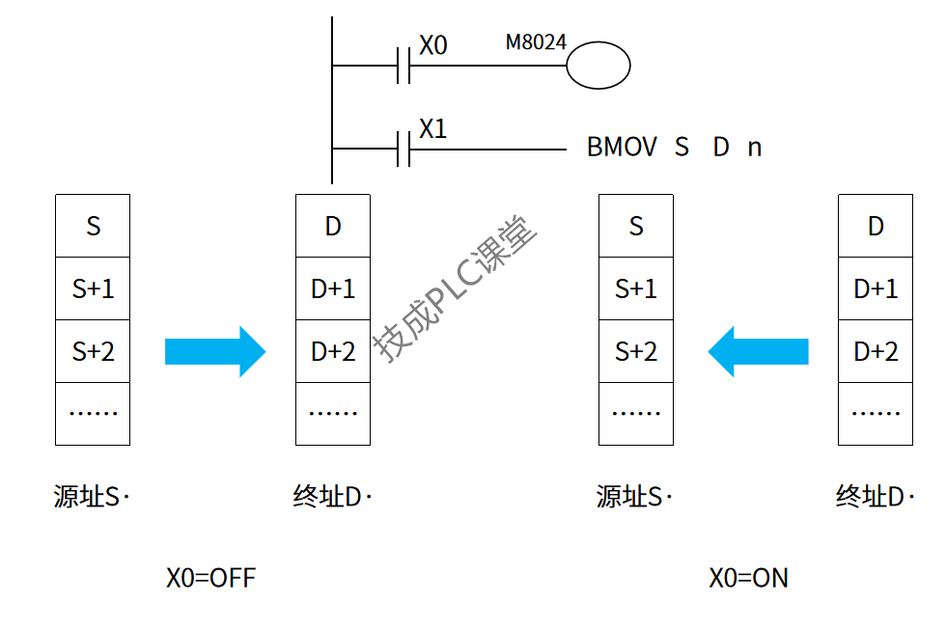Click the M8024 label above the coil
(536, 42)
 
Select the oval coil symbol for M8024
(598, 67)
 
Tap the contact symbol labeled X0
(405, 67)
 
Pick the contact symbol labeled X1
(405, 150)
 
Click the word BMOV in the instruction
(622, 148)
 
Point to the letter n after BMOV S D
(755, 148)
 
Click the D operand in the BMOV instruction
(721, 148)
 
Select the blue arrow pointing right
(214, 351)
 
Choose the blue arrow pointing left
(758, 351)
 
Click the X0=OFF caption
(211, 578)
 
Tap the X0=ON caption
(748, 578)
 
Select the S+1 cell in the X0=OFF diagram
(93, 288)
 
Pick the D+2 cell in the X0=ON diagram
(876, 351)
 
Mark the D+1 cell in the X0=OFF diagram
(333, 288)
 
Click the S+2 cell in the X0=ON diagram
(636, 351)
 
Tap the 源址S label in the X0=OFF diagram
(90, 497)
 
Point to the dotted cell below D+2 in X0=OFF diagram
(333, 413)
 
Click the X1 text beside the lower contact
(433, 129)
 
